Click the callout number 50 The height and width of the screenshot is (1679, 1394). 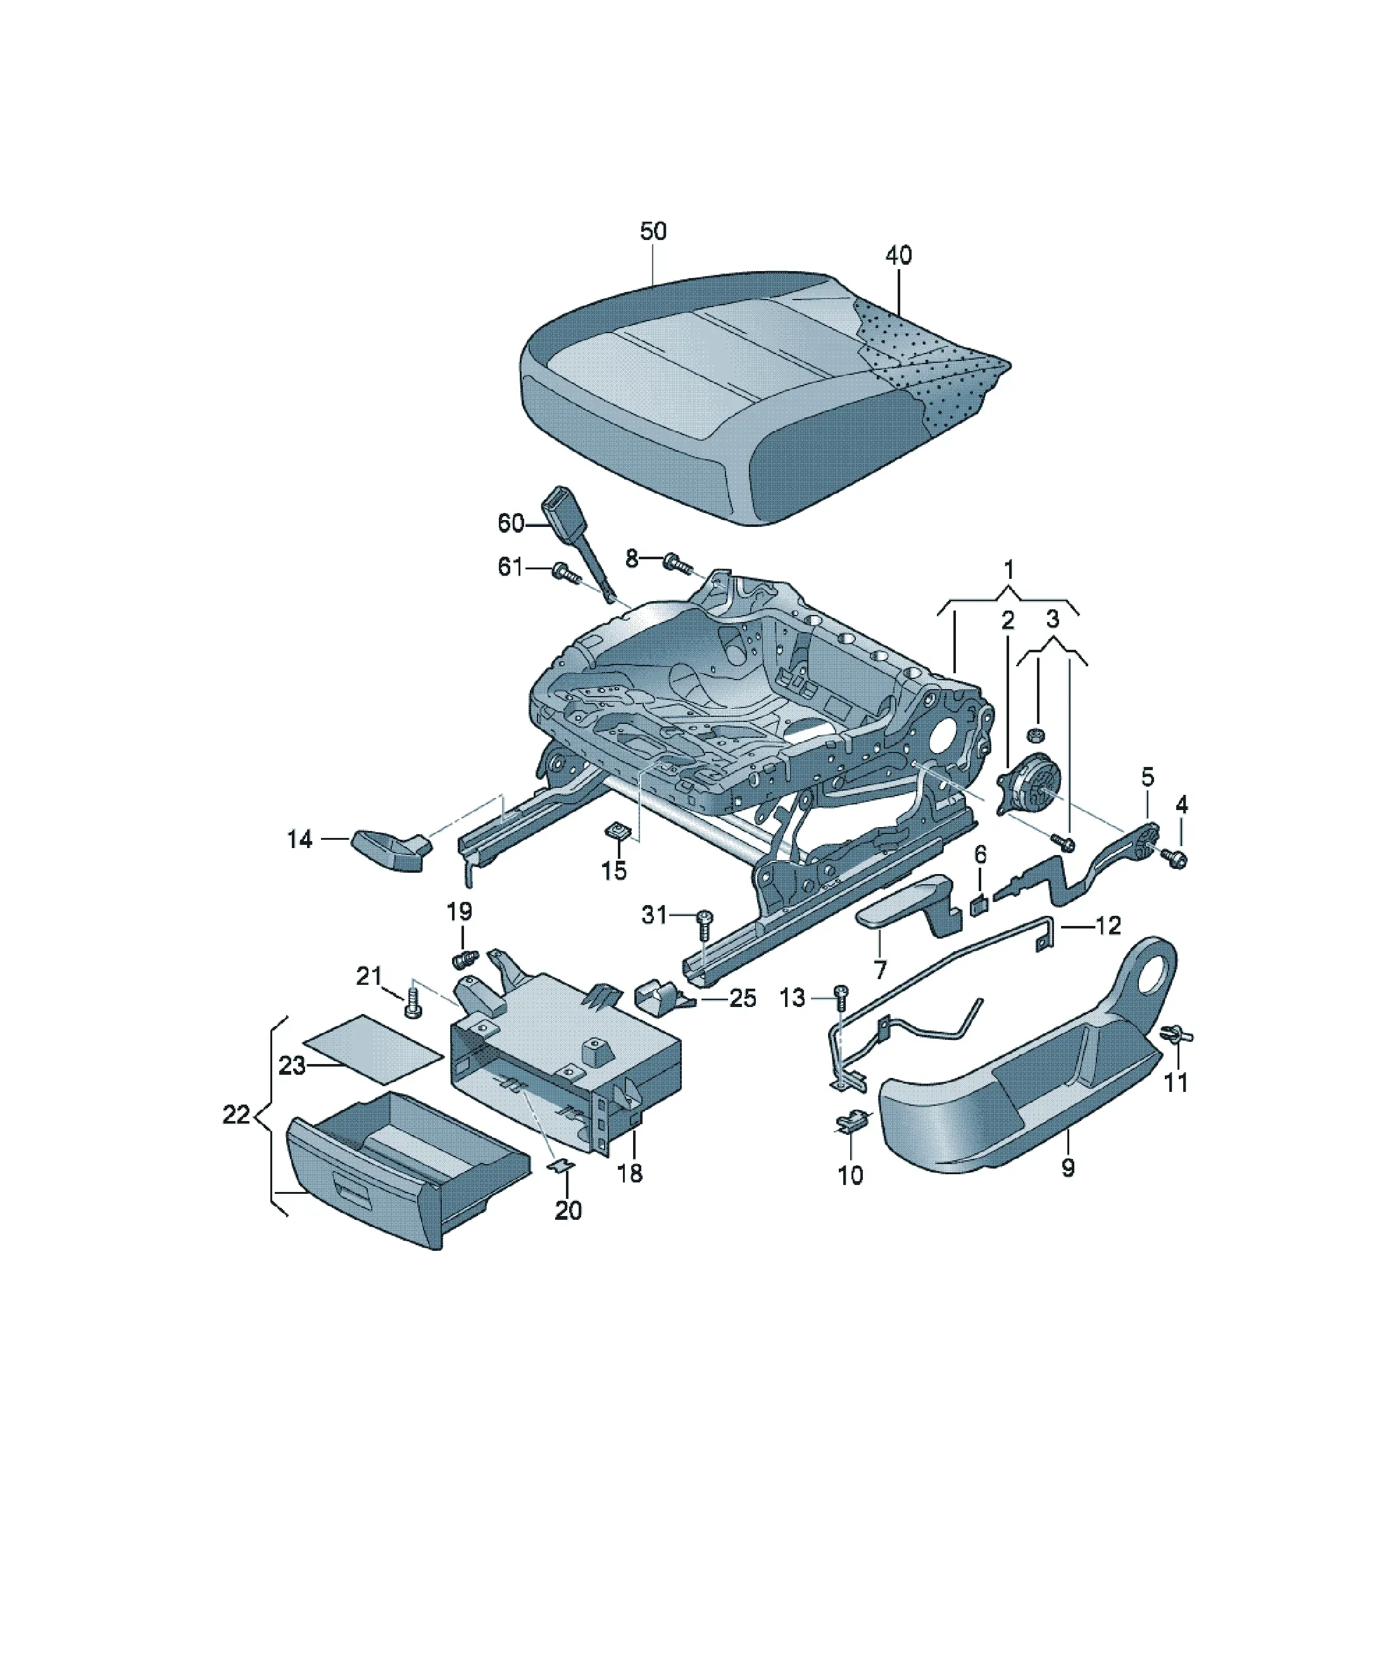point(653,231)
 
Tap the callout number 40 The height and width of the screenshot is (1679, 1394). point(898,255)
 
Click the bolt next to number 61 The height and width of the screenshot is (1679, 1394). point(566,573)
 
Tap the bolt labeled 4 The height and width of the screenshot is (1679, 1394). point(1177,859)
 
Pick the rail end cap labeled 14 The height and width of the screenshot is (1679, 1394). point(389,850)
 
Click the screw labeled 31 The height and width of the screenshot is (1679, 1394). point(704,926)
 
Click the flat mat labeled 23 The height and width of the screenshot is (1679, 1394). point(372,1042)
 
